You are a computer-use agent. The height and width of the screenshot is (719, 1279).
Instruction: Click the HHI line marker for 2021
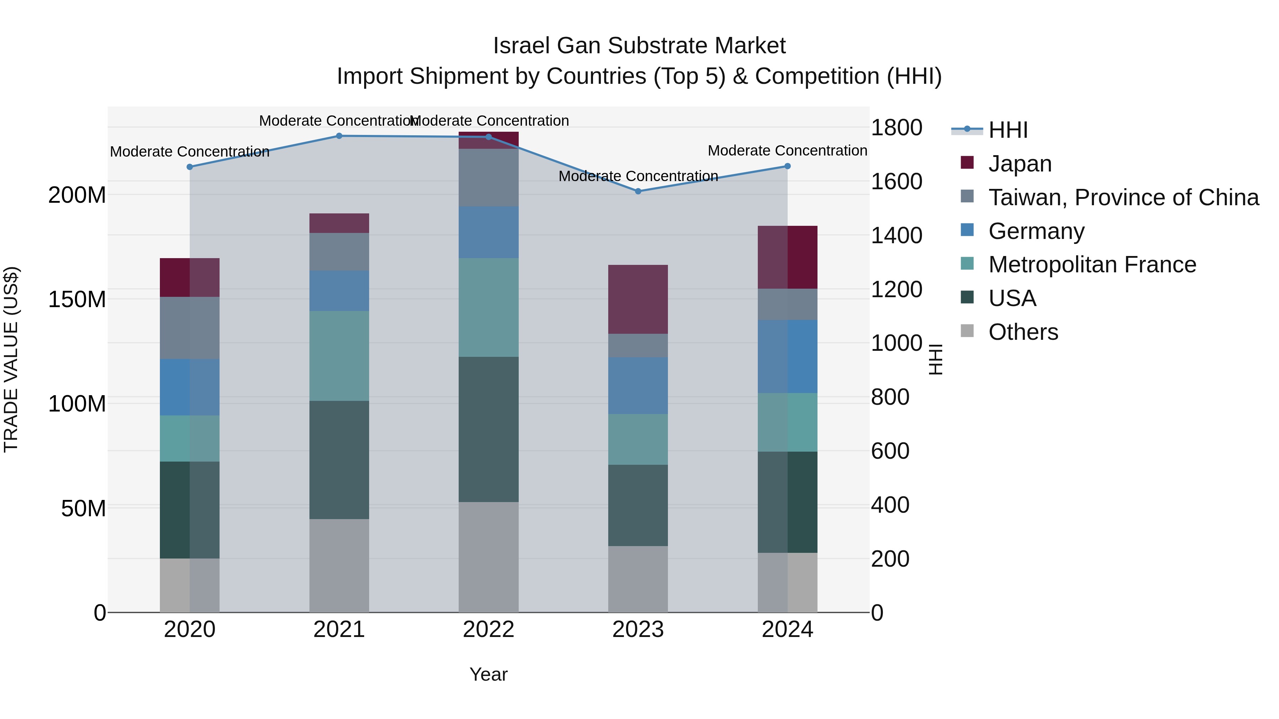(x=339, y=136)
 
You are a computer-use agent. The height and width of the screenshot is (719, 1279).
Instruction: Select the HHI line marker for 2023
(x=638, y=191)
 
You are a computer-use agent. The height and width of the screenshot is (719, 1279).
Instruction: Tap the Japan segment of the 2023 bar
(x=638, y=299)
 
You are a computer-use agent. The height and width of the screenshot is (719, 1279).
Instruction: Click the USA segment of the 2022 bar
(x=489, y=429)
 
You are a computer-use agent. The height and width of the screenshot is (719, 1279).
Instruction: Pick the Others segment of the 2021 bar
(x=339, y=566)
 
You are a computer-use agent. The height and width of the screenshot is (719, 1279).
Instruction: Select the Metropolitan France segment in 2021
(x=339, y=356)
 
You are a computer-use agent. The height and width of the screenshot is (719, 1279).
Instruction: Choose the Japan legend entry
(x=1019, y=163)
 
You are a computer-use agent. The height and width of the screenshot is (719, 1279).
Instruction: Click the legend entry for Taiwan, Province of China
(x=1123, y=197)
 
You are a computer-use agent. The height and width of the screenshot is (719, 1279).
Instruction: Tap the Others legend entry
(x=1023, y=332)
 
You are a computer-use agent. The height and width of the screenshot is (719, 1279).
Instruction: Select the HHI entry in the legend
(x=1008, y=130)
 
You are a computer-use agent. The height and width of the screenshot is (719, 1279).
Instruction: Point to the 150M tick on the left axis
(x=77, y=299)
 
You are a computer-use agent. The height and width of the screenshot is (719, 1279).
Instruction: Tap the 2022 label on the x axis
(x=489, y=629)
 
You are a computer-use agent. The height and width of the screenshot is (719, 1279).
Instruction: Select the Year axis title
(x=489, y=674)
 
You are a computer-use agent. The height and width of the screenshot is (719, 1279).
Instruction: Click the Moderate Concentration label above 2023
(x=638, y=176)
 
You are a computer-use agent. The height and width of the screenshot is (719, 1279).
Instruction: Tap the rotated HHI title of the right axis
(x=935, y=359)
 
